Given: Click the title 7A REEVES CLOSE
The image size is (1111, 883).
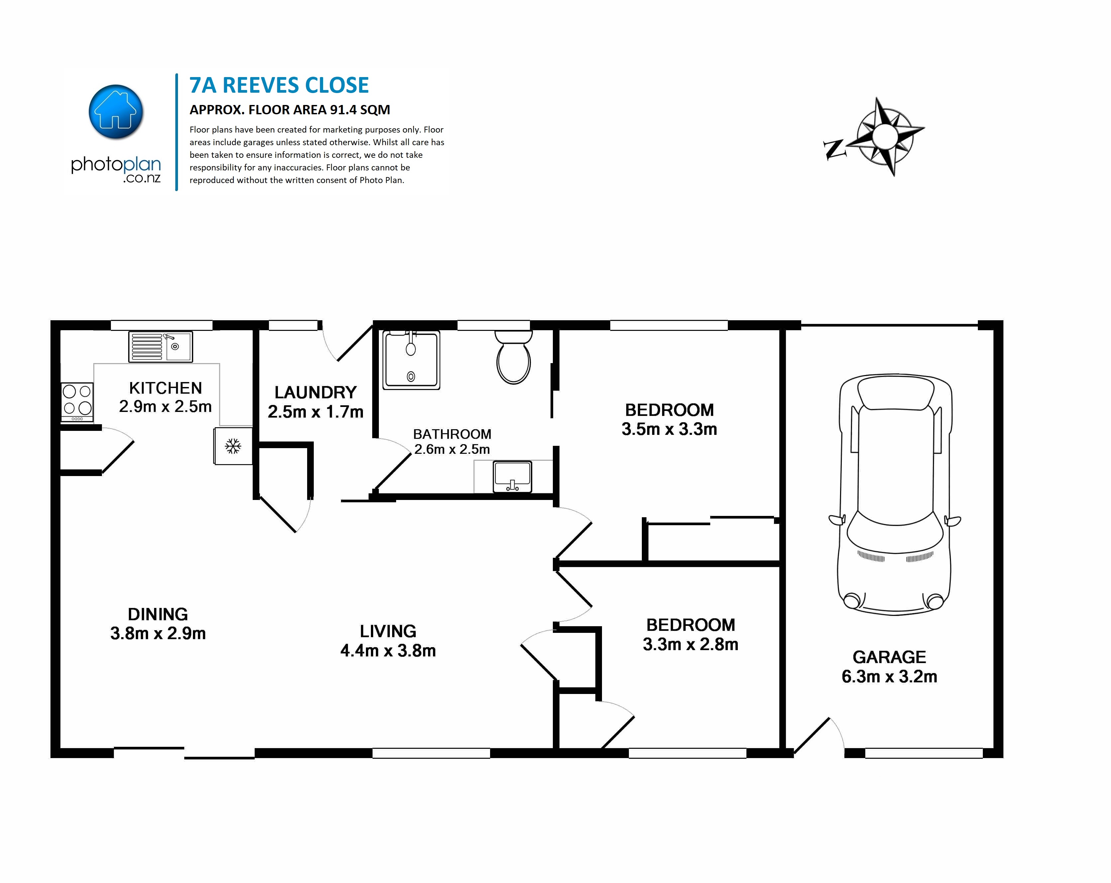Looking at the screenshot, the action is (279, 85).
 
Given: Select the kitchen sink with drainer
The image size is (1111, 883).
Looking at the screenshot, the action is (160, 346).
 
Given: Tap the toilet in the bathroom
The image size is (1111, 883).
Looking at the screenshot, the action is (513, 357).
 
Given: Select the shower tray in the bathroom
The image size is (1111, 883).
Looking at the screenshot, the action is (411, 360).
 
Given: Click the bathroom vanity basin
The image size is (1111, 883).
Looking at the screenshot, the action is (512, 477).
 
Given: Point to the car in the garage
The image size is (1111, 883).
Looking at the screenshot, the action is (895, 495).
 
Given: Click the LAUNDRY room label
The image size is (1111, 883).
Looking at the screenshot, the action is (315, 393).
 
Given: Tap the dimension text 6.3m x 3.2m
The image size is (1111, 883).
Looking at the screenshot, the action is (890, 676).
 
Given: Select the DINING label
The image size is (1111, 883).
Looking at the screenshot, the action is (158, 615).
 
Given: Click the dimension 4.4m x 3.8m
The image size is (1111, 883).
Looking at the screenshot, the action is (388, 650).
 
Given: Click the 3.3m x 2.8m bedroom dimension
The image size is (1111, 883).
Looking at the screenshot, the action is (691, 644).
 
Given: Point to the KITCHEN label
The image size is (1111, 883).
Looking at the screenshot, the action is (165, 388).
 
